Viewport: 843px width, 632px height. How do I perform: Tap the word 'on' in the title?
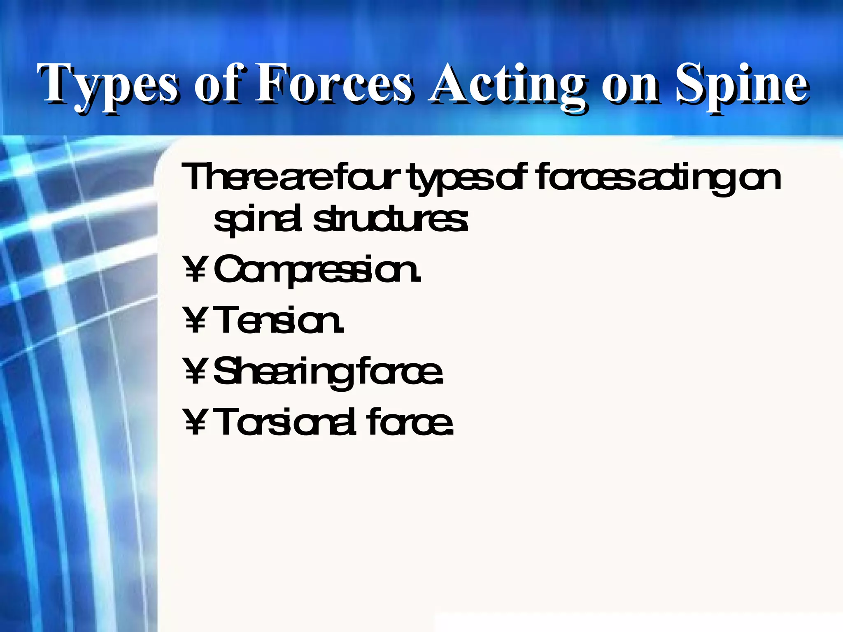[x=630, y=86]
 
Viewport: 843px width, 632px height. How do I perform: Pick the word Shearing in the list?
[x=284, y=372]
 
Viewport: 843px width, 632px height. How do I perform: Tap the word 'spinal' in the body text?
[x=260, y=220]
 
